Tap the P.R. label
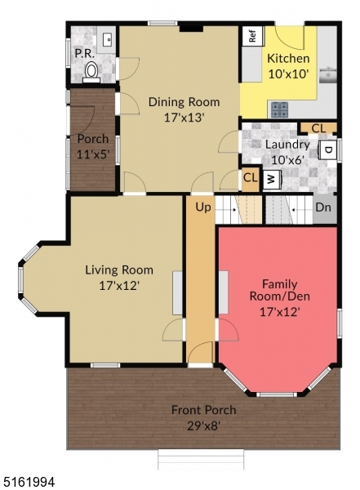coord(83,53)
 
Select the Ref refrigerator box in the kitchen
coord(252,36)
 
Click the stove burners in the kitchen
coord(280,109)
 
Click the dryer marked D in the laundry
coord(327,149)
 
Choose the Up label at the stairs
coord(202,207)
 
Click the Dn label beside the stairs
coord(324,207)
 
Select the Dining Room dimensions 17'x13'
coord(184,117)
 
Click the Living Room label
coord(120,269)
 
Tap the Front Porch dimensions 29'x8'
coord(203,425)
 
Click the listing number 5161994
coord(29,483)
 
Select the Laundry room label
coord(287,145)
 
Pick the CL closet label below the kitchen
coord(318,127)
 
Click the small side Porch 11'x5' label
coord(92,145)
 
